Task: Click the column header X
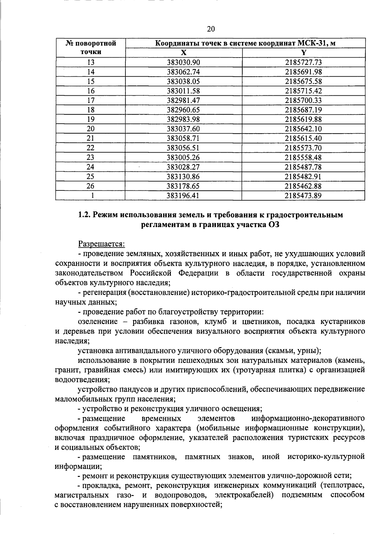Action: click(184, 53)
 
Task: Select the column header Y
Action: click(304, 53)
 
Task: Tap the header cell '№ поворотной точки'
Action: click(91, 48)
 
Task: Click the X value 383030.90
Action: click(184, 62)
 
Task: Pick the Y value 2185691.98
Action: click(303, 72)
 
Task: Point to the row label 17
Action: click(91, 100)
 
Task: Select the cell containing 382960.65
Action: click(184, 110)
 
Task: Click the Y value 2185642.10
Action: click(303, 129)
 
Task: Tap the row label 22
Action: click(91, 148)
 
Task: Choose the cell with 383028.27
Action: click(184, 167)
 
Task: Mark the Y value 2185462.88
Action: click(303, 186)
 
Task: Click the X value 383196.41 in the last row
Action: click(184, 196)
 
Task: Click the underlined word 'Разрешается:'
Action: click(102, 244)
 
